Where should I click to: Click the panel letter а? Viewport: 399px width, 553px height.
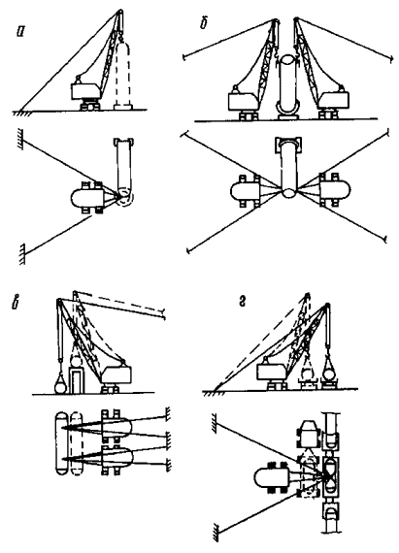[x=21, y=32]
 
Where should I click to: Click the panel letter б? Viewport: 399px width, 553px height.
[x=203, y=24]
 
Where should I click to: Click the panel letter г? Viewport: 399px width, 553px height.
[x=242, y=303]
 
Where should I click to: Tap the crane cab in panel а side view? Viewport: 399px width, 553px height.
[x=84, y=92]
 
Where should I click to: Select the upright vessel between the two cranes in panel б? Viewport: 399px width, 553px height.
[x=288, y=86]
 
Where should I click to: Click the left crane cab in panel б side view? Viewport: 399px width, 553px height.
[x=243, y=101]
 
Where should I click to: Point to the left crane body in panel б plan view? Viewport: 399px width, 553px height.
[x=245, y=190]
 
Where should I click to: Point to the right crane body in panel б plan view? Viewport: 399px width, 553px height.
[x=334, y=190]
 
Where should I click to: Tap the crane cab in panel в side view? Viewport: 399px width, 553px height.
[x=116, y=374]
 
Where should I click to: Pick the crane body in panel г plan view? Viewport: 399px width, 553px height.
[x=272, y=478]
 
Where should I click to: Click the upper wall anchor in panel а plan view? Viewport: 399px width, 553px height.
[x=21, y=139]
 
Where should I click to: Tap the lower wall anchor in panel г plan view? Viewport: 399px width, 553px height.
[x=216, y=533]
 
